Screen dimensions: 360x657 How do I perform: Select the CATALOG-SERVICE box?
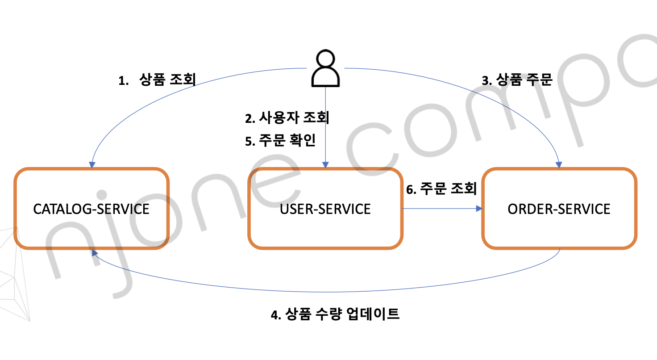91,208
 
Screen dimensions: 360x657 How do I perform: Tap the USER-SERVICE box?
325,208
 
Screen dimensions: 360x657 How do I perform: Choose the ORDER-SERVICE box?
559,208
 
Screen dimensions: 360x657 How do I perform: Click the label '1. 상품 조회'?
157,80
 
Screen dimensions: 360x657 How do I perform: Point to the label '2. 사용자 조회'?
287,117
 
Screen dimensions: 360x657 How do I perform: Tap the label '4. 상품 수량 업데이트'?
335,314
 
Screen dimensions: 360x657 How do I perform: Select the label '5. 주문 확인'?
280,141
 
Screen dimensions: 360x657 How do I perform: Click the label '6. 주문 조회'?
441,189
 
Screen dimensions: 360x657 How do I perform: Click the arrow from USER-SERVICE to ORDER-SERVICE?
442,209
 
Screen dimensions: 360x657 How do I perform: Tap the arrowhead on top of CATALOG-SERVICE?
92,165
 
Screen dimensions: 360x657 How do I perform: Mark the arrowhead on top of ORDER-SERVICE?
559,165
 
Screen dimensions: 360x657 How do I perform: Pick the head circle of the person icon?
325,59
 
